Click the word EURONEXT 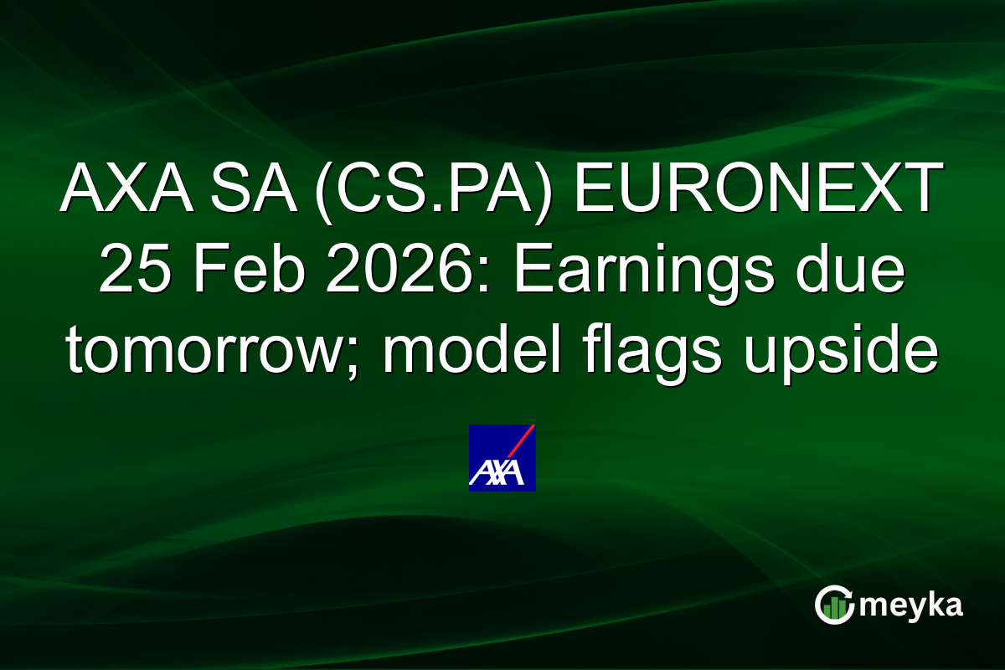tap(756, 191)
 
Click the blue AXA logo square tap(502, 457)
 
